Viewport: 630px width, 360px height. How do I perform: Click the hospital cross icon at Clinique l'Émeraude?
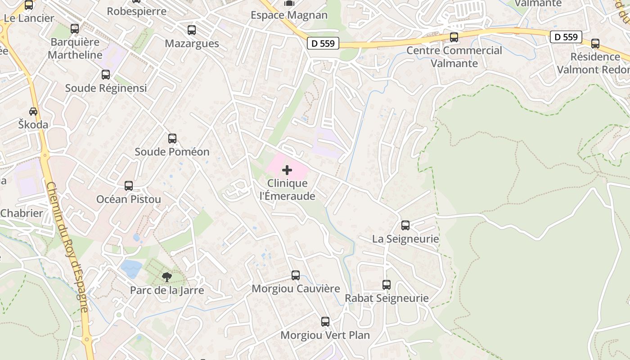pyautogui.click(x=287, y=170)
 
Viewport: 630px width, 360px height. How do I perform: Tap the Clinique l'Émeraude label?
pyautogui.click(x=287, y=189)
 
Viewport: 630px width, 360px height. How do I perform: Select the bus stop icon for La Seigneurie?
pyautogui.click(x=405, y=225)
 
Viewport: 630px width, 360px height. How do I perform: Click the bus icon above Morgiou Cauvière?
pyautogui.click(x=296, y=275)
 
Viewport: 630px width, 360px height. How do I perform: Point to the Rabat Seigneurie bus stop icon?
pyautogui.click(x=387, y=285)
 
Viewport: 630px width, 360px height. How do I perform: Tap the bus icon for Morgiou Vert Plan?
pyautogui.click(x=325, y=322)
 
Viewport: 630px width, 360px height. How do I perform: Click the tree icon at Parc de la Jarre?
pyautogui.click(x=167, y=277)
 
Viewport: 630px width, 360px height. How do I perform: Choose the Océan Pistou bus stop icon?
pyautogui.click(x=129, y=186)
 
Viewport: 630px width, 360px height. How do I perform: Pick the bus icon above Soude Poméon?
pyautogui.click(x=172, y=139)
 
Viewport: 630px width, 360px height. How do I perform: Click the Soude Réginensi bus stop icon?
pyautogui.click(x=106, y=75)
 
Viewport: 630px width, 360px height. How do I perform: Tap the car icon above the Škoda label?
pyautogui.click(x=33, y=111)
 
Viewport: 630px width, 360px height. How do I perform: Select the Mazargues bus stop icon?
pyautogui.click(x=192, y=30)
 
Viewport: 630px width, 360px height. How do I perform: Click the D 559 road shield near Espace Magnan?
pyautogui.click(x=323, y=43)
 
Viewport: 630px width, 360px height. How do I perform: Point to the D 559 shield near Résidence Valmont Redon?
pyautogui.click(x=566, y=37)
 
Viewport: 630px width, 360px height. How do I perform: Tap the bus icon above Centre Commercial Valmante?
pyautogui.click(x=454, y=37)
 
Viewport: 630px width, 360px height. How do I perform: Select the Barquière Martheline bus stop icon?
pyautogui.click(x=75, y=29)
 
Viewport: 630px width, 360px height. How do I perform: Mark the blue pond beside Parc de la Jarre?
pyautogui.click(x=131, y=268)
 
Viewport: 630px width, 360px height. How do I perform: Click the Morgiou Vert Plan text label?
pyautogui.click(x=325, y=335)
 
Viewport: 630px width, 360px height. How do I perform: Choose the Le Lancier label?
pyautogui.click(x=29, y=18)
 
